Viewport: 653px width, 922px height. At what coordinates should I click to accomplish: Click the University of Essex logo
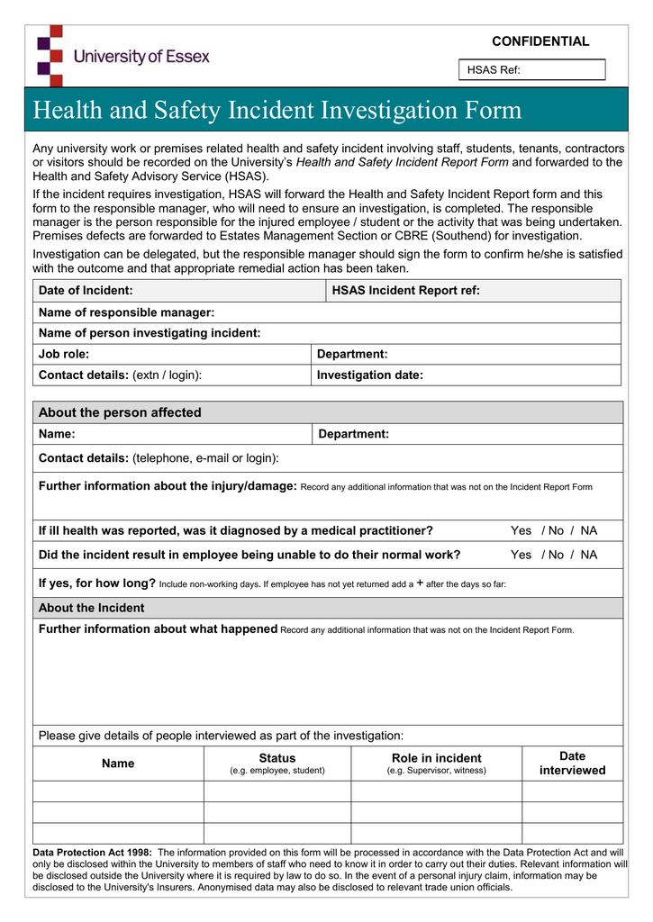coord(122,56)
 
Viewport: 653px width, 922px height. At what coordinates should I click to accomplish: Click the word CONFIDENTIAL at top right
coord(540,41)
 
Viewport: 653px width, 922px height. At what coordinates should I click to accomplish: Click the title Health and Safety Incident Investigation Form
coord(277,110)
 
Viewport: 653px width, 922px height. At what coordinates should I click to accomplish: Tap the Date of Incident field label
coord(86,290)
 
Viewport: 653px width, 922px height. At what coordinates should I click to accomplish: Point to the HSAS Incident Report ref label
coord(405,290)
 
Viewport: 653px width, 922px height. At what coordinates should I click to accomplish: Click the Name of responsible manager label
coord(126,312)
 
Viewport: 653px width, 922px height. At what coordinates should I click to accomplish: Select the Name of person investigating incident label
coord(150,333)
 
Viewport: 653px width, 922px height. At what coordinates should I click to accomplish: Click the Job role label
coord(64,354)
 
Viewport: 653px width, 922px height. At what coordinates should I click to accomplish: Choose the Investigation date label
coord(369,375)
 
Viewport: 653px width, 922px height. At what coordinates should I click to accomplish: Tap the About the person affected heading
coord(120,412)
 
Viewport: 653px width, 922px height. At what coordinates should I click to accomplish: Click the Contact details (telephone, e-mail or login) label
coord(159,458)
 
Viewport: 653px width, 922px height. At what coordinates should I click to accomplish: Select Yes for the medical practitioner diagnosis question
coord(521,530)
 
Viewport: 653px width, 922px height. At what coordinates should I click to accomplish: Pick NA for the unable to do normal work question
coord(588,555)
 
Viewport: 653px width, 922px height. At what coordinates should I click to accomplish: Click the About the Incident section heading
coord(91,608)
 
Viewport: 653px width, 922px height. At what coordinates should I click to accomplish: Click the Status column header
coord(277,758)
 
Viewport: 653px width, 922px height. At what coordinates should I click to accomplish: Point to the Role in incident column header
coord(436,758)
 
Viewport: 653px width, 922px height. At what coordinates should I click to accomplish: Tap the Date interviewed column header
coord(572,764)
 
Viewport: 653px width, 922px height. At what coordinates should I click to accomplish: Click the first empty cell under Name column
coord(118,791)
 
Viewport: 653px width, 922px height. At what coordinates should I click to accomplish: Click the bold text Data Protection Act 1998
coord(92,852)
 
